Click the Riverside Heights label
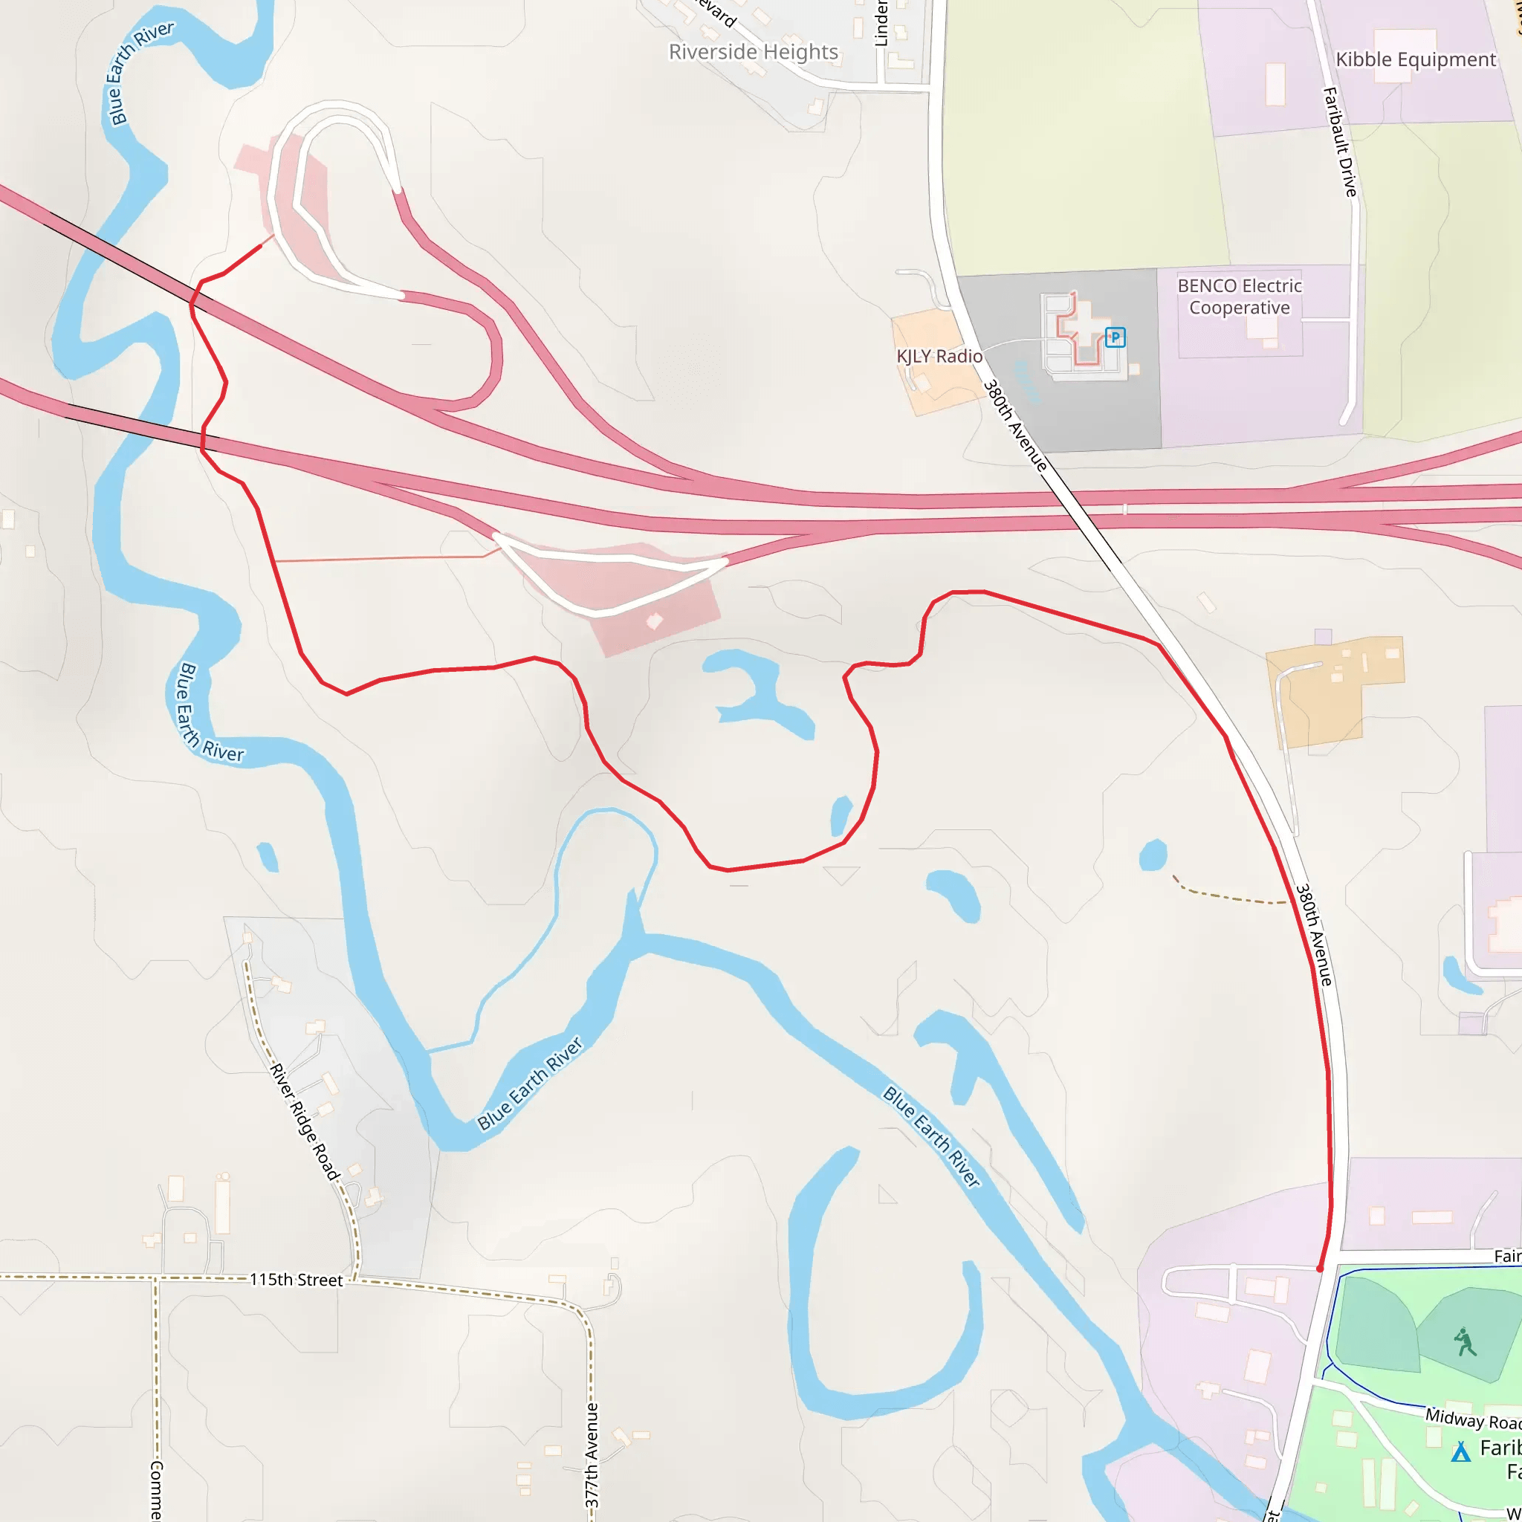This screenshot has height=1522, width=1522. click(x=753, y=52)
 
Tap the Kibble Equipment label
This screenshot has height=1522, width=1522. click(x=1415, y=60)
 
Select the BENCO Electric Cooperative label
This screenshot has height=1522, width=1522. click(x=1239, y=297)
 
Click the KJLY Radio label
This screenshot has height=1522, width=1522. click(x=939, y=356)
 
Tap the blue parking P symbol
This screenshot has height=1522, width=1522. click(x=1115, y=337)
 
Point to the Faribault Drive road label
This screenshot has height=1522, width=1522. click(x=1340, y=142)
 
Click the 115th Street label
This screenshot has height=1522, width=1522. click(x=297, y=1280)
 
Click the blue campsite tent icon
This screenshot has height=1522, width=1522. click(x=1461, y=1451)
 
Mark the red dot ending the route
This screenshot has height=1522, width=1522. click(x=1321, y=1269)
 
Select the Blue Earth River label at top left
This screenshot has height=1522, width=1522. click(x=140, y=73)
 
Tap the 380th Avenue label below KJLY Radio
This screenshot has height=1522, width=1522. click(x=1015, y=426)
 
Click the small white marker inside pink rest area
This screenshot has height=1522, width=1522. click(x=654, y=621)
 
